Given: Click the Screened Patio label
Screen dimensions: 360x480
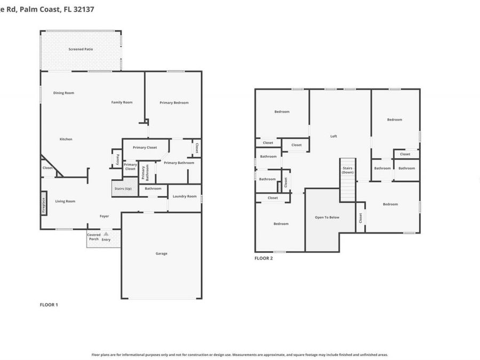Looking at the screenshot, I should pos(81,49).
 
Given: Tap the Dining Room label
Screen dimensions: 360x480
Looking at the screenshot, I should pos(63,93).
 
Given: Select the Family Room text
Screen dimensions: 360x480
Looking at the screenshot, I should pos(122,102).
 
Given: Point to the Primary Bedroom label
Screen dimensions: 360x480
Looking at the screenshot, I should pos(174,102).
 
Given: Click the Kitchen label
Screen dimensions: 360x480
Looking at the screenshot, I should pos(66,139).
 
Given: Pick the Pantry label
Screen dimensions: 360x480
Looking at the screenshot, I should pos(117,158).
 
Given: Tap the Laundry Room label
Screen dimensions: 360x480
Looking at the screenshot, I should pos(185,196).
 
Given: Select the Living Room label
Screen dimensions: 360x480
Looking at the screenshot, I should pos(65,201).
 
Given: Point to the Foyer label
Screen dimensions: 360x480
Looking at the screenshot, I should pos(105,216).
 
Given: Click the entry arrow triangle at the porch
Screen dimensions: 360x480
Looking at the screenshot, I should pos(106,234).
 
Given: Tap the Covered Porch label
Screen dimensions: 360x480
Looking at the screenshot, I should pos(94,237).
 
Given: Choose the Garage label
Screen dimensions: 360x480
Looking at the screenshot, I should pos(161,253).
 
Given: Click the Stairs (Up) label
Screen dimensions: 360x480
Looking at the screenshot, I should pos(123,188).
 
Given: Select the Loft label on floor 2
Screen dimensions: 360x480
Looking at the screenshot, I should pos(333,136).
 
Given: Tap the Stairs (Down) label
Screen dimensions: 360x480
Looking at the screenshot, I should pos(348,170).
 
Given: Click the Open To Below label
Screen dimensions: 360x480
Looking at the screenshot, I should pos(327,218).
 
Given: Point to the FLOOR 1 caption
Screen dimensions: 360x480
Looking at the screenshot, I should pos(49,305).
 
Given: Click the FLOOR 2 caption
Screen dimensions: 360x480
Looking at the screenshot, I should pos(263,258).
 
